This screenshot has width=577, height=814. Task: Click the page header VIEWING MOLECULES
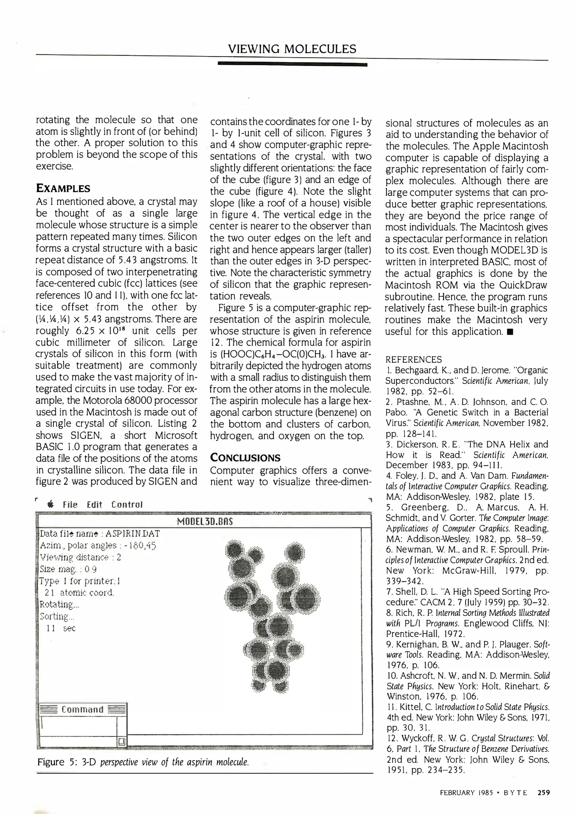click(x=292, y=49)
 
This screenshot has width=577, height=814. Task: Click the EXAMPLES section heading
click(x=63, y=188)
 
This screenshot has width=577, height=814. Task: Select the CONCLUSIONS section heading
click(x=245, y=458)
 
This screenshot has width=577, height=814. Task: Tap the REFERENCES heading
click(x=414, y=359)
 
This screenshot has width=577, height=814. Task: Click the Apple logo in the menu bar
click(x=51, y=505)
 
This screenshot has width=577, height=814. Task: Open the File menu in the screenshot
click(x=70, y=505)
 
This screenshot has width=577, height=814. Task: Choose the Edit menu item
click(x=95, y=505)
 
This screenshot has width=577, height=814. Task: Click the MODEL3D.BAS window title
click(x=205, y=522)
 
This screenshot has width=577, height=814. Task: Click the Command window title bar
click(x=82, y=710)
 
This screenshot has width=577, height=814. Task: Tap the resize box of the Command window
click(x=122, y=742)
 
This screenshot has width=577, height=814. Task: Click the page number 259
click(x=543, y=792)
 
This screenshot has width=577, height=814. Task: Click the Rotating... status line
click(x=56, y=605)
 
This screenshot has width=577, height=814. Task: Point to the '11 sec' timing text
click(x=61, y=628)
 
